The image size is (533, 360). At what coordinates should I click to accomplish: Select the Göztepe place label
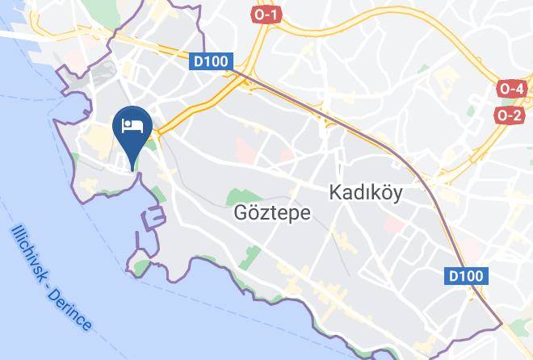click(x=261, y=213)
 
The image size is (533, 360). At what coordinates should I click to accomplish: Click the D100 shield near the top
click(x=212, y=61)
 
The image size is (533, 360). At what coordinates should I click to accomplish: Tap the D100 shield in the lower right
click(x=467, y=277)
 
